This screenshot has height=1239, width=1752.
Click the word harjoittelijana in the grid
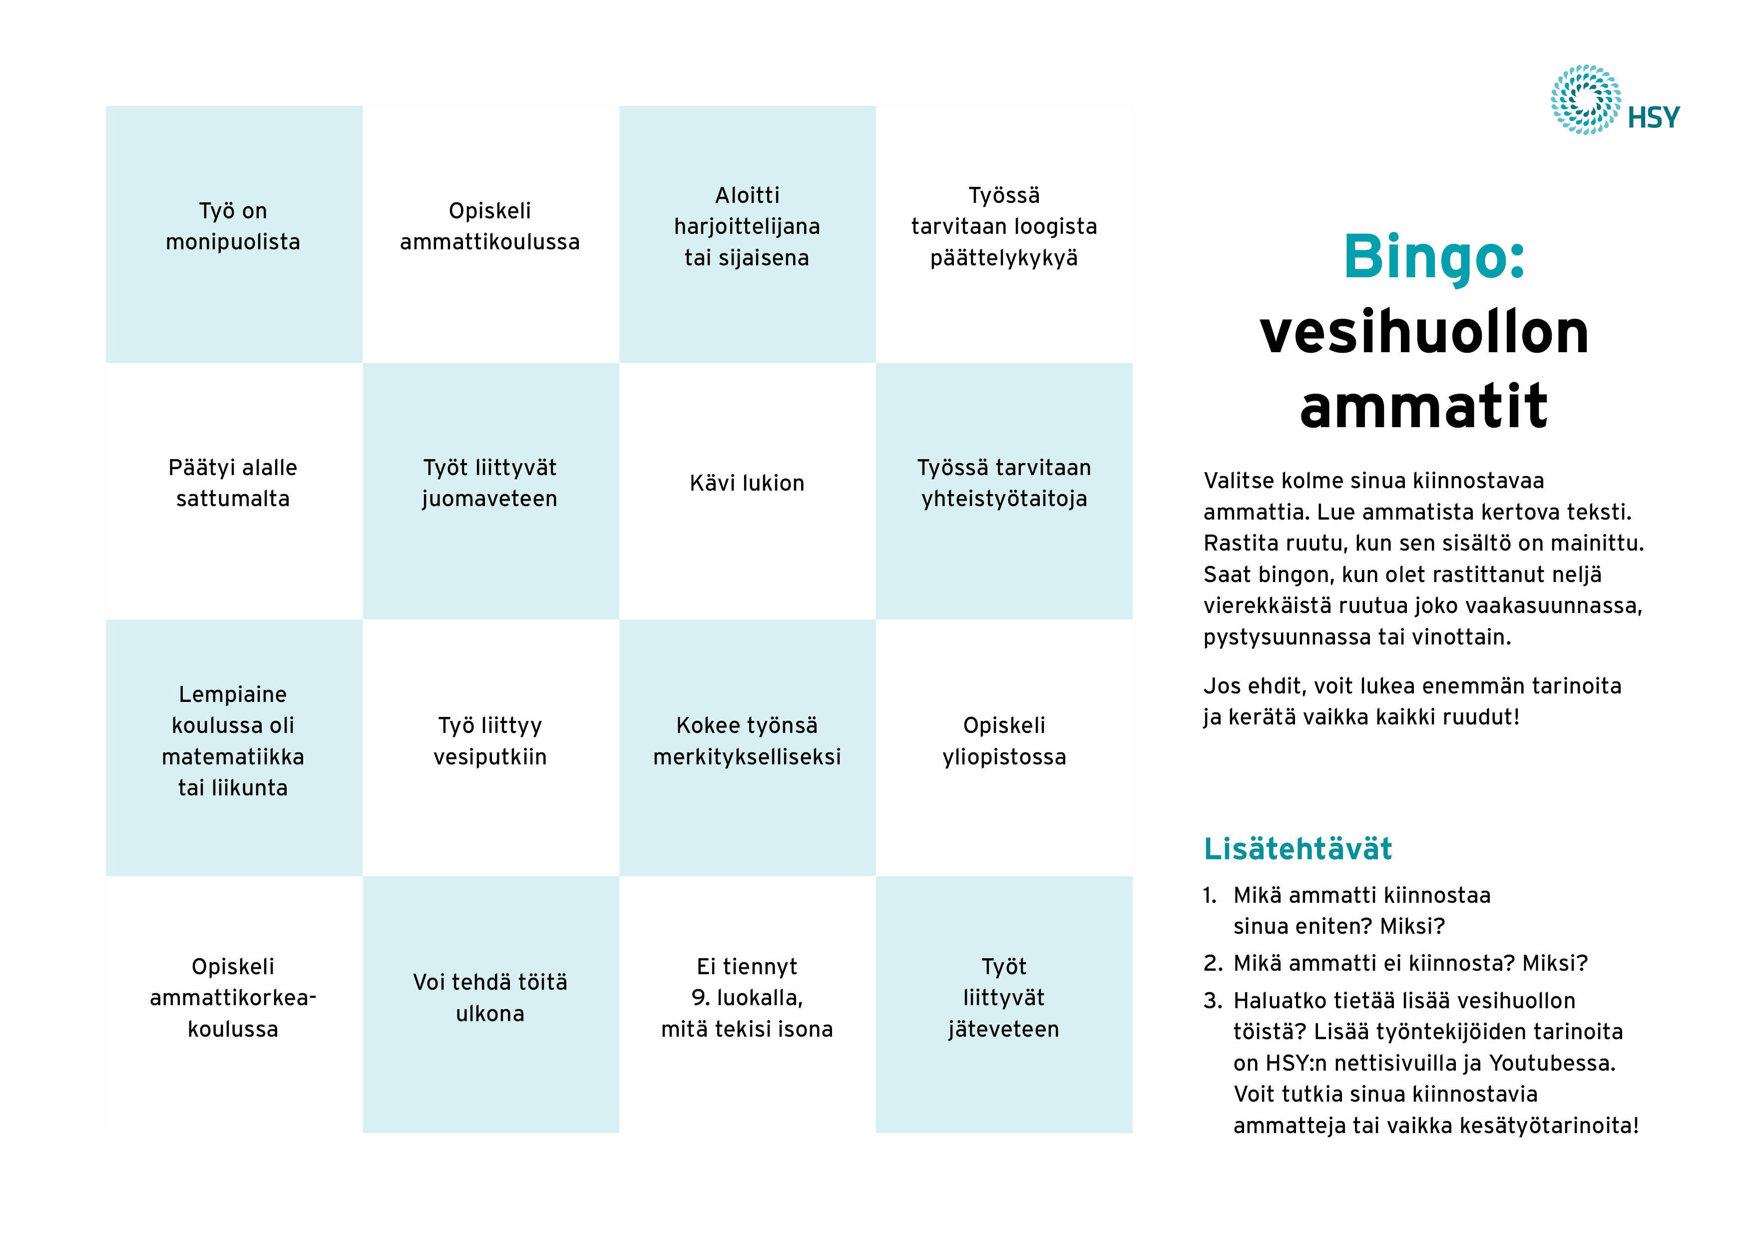(747, 227)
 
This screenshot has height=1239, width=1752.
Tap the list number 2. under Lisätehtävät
(1213, 963)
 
